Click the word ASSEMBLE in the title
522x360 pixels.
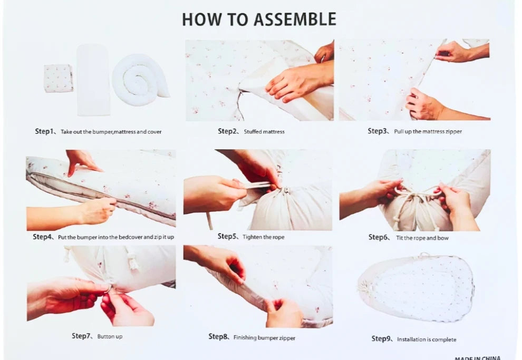pyautogui.click(x=295, y=20)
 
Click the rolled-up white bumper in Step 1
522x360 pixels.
pyautogui.click(x=140, y=80)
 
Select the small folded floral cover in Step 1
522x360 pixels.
pyautogui.click(x=58, y=79)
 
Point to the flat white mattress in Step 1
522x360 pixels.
pyautogui.click(x=93, y=80)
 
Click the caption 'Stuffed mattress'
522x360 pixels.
pyautogui.click(x=264, y=132)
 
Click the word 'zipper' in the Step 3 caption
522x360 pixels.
pyautogui.click(x=453, y=132)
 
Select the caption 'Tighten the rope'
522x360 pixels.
pyautogui.click(x=263, y=237)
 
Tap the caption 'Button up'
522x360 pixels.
pyautogui.click(x=110, y=337)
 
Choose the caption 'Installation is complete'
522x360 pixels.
pyautogui.click(x=427, y=339)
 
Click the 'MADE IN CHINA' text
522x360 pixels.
pyautogui.click(x=477, y=358)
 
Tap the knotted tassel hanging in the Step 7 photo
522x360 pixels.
pyautogui.click(x=133, y=259)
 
